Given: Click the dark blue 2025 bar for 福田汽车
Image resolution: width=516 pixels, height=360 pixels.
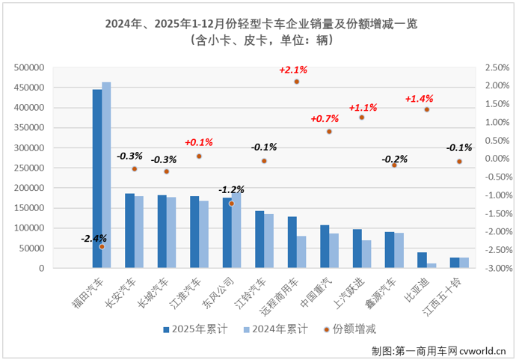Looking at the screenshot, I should [x=97, y=179].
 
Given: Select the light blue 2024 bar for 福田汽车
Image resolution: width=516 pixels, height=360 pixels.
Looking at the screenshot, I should [x=106, y=175].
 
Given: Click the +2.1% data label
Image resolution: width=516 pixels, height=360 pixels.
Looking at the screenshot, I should [x=293, y=70].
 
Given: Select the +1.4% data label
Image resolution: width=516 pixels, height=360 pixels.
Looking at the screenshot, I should [x=419, y=98].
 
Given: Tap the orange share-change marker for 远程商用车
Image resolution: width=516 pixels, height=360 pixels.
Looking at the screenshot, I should [x=297, y=82].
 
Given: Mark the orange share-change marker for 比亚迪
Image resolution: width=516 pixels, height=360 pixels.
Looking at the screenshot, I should [x=427, y=109].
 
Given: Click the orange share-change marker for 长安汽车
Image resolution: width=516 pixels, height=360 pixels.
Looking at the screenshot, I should [x=134, y=169].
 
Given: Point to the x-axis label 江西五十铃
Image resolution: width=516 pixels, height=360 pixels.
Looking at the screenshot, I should [x=442, y=297].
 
